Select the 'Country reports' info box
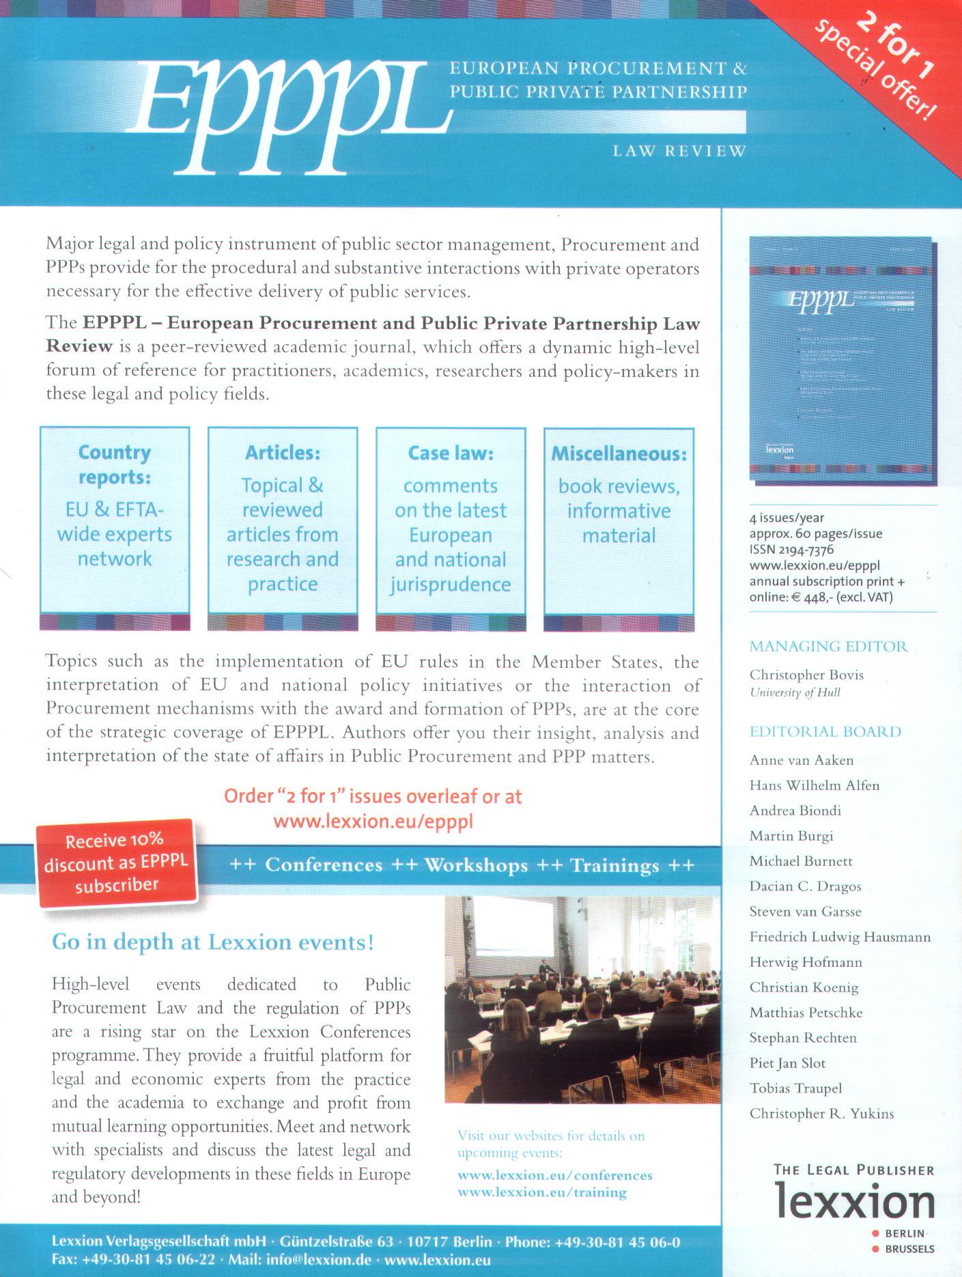pos(115,519)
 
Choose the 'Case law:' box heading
pos(451,453)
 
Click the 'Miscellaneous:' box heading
pos(619,453)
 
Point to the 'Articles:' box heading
pos(283,453)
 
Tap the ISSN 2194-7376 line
pos(791,550)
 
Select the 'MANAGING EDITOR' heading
pos(828,646)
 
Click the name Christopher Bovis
pos(806,675)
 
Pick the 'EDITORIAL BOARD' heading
pos(825,732)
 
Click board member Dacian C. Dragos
pos(805,886)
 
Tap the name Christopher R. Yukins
pos(821,1114)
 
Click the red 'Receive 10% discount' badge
pos(116,862)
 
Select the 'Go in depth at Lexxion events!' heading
pos(213,942)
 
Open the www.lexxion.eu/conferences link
pos(555,1175)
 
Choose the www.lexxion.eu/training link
pos(542,1192)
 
